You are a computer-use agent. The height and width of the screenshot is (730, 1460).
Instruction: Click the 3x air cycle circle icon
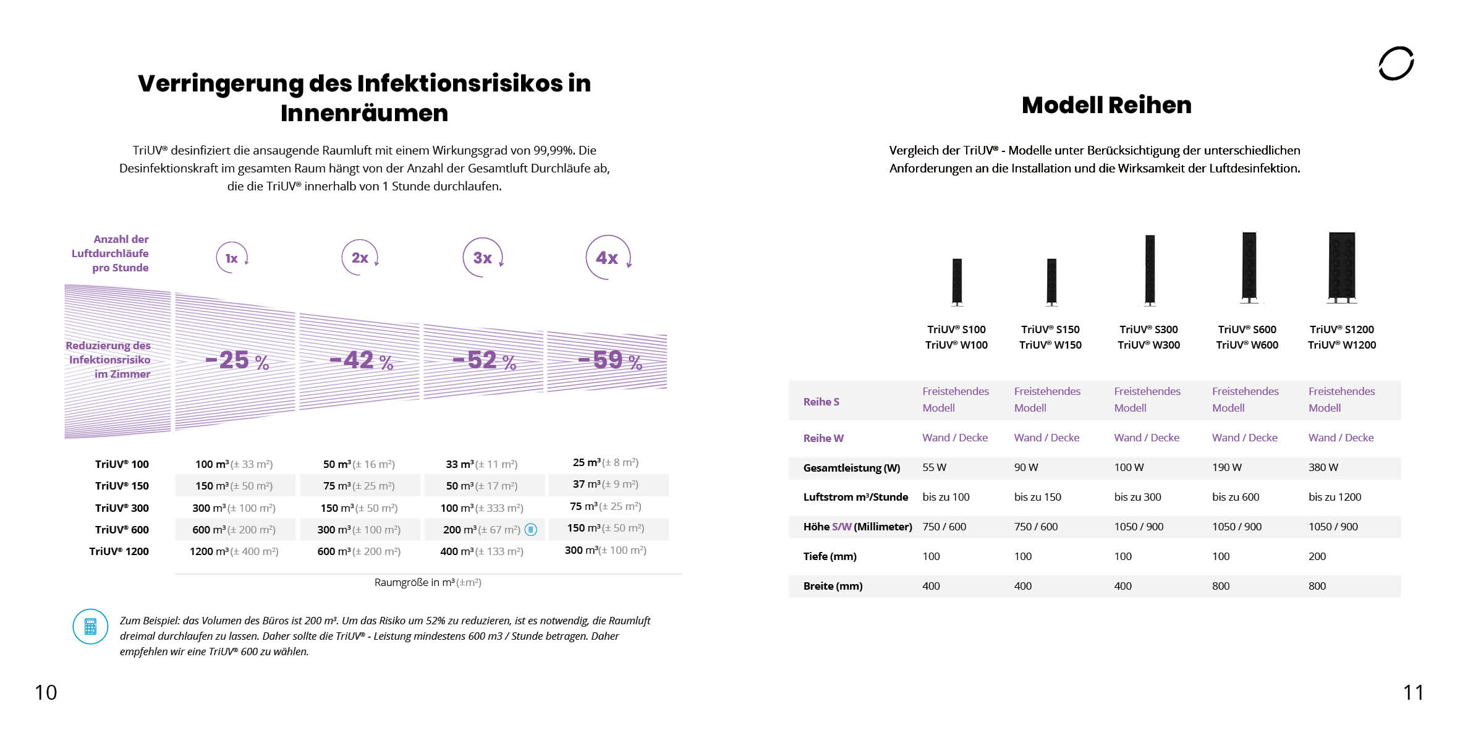pos(483,257)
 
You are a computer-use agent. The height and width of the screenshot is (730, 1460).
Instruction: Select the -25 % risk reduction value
pos(237,360)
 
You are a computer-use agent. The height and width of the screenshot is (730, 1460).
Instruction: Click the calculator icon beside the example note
pos(90,626)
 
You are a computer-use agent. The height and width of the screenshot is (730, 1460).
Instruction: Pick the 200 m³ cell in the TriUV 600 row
pos(482,530)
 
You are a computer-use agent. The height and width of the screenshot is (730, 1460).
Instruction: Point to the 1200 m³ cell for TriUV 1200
pos(234,551)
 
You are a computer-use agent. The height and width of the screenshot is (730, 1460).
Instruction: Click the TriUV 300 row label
pos(122,508)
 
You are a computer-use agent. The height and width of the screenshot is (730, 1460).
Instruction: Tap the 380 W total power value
pos(1323,467)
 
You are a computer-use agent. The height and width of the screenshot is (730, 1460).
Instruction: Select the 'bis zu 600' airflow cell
pos(1235,497)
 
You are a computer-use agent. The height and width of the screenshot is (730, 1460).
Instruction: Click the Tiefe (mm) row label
pos(830,556)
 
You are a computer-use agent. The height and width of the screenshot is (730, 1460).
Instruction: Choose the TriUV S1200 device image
pos(1341,267)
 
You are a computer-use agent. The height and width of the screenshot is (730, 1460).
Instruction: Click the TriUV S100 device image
pos(957,281)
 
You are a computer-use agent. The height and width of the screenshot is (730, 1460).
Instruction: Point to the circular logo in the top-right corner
pos(1396,63)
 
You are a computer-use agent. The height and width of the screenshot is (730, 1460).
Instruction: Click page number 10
pos(46,692)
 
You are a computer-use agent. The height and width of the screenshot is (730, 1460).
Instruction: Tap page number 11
pos(1413,692)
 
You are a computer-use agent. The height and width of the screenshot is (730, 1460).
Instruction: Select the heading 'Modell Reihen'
pos(1106,105)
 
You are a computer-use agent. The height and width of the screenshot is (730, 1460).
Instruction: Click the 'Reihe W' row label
pos(823,438)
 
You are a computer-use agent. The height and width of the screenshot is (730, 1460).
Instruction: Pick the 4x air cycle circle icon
pos(608,257)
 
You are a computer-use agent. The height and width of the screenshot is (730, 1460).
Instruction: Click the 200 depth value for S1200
pos(1317,556)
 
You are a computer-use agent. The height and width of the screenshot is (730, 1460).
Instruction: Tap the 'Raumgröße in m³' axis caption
pos(428,582)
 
